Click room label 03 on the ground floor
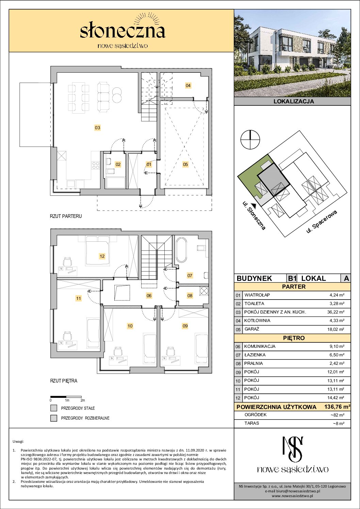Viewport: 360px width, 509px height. [x=97, y=128]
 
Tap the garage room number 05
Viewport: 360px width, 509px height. [x=185, y=164]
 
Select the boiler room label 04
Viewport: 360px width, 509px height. [x=188, y=86]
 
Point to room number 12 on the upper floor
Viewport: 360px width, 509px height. [x=102, y=256]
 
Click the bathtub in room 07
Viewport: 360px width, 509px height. [x=181, y=250]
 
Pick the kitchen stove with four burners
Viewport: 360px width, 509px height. [x=96, y=165]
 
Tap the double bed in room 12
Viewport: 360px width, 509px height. [x=97, y=250]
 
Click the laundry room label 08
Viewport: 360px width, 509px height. [x=190, y=295]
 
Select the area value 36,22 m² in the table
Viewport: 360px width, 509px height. [x=336, y=312]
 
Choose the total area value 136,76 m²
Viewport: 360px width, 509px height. [x=337, y=407]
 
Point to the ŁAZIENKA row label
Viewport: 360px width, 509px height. [x=255, y=355]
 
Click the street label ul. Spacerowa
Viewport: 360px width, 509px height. [x=321, y=222]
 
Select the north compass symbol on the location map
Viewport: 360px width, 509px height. [x=250, y=139]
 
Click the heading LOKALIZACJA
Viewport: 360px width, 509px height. [x=294, y=101]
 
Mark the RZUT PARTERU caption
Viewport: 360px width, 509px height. [x=66, y=216]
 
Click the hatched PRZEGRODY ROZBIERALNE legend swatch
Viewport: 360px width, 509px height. [x=54, y=418]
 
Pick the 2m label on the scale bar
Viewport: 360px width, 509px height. [x=83, y=400]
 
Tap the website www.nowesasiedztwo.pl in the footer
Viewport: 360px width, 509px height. [x=292, y=496]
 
